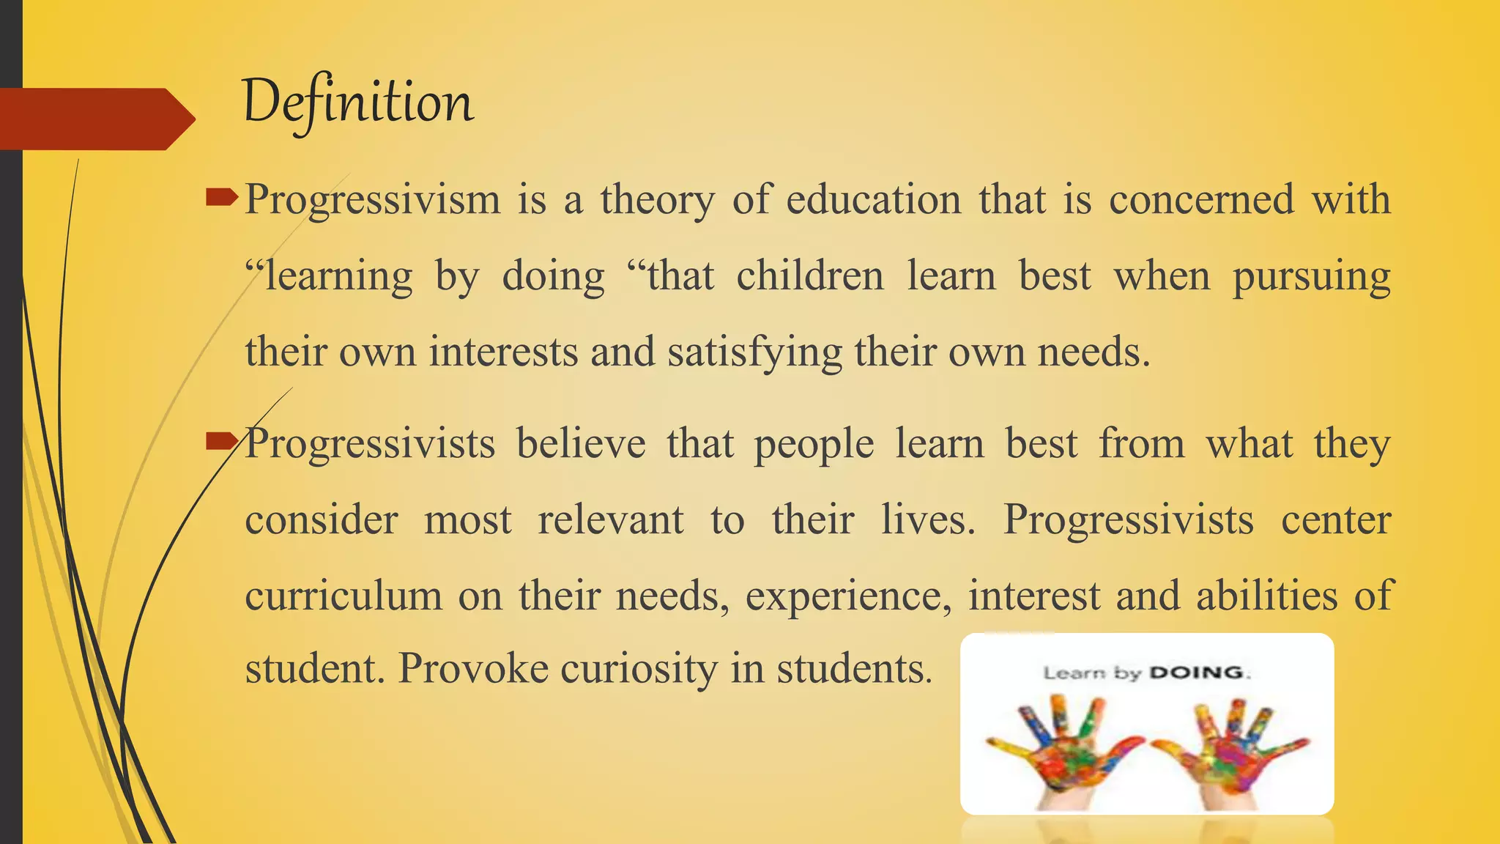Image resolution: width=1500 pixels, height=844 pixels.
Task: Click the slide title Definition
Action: pos(358,103)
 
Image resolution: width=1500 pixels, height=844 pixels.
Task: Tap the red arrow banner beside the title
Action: pos(95,119)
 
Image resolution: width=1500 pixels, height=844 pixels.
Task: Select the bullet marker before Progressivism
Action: pos(222,196)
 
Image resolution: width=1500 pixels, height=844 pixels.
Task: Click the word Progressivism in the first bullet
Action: pos(372,200)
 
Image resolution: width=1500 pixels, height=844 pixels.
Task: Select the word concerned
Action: pos(1201,199)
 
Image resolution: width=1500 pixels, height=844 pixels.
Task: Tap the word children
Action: pos(810,276)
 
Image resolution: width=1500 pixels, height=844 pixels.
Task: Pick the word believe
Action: pos(581,444)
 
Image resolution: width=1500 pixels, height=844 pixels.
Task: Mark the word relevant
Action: pos(611,520)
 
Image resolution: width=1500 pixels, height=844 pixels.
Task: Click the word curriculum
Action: pos(344,596)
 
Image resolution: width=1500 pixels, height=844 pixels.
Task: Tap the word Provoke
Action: pos(473,669)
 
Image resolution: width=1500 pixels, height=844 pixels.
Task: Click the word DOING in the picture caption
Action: pos(1195,673)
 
